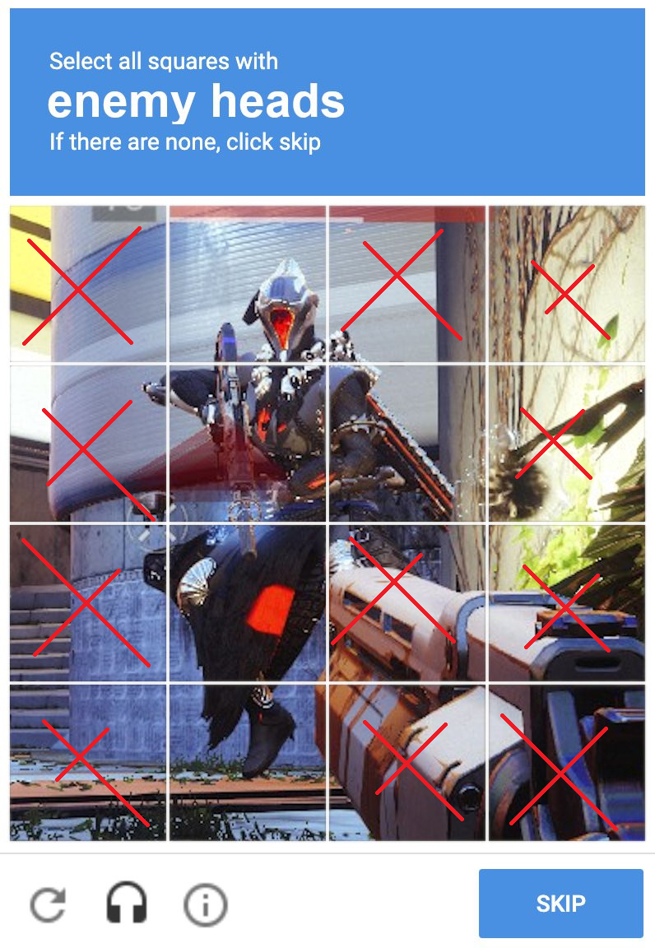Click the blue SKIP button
point(560,903)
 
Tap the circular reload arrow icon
point(48,904)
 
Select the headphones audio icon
point(127,903)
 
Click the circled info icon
point(205,905)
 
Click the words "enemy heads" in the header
point(196,101)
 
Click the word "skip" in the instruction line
point(300,142)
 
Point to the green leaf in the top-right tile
point(606,328)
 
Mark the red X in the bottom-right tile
point(560,772)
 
